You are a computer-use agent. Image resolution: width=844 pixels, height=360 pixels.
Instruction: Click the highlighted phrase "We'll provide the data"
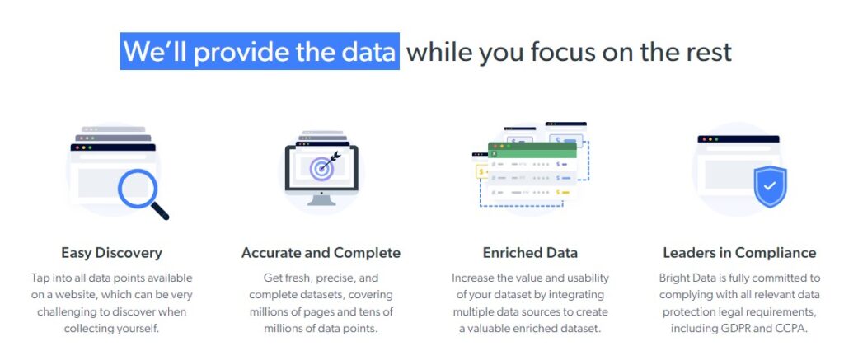(x=260, y=52)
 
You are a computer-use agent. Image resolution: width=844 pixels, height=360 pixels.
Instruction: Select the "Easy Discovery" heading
(x=111, y=253)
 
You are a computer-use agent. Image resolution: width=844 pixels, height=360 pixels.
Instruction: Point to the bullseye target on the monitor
(x=321, y=167)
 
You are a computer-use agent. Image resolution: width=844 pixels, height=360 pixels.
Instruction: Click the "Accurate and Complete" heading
(x=321, y=253)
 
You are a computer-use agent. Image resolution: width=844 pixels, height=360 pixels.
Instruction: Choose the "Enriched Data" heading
(x=530, y=253)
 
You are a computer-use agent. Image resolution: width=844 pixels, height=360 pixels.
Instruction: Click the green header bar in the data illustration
(x=532, y=152)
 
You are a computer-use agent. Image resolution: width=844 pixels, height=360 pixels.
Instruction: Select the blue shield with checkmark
(x=771, y=186)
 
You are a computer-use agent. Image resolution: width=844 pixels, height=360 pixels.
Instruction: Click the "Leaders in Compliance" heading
(x=739, y=253)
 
